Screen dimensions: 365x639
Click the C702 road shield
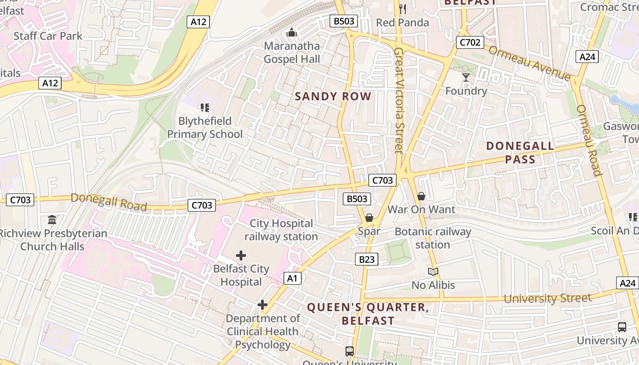tap(470, 42)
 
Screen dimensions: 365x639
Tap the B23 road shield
tap(367, 260)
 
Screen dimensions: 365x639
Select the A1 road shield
tap(293, 278)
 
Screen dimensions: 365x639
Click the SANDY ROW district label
tap(333, 96)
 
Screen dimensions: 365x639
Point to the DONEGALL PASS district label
tap(520, 152)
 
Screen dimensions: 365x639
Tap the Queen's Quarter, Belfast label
tap(368, 314)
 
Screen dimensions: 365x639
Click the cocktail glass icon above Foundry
tap(466, 78)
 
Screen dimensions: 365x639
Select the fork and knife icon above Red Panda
tap(402, 9)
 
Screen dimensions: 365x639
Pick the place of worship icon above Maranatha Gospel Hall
tap(292, 32)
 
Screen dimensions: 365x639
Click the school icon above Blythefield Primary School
tap(204, 108)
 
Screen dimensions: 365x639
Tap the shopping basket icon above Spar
tap(369, 218)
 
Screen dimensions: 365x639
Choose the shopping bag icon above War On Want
tap(421, 196)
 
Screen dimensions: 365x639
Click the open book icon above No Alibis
tap(433, 272)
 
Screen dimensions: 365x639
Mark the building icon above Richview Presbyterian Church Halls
tap(52, 220)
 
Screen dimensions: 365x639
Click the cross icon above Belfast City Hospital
tap(241, 255)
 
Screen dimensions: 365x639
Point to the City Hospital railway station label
tap(281, 230)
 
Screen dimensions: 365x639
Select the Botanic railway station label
tap(433, 238)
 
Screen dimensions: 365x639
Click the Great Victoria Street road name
tap(399, 100)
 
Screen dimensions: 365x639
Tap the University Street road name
tap(547, 299)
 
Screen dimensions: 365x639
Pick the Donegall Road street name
tap(109, 202)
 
